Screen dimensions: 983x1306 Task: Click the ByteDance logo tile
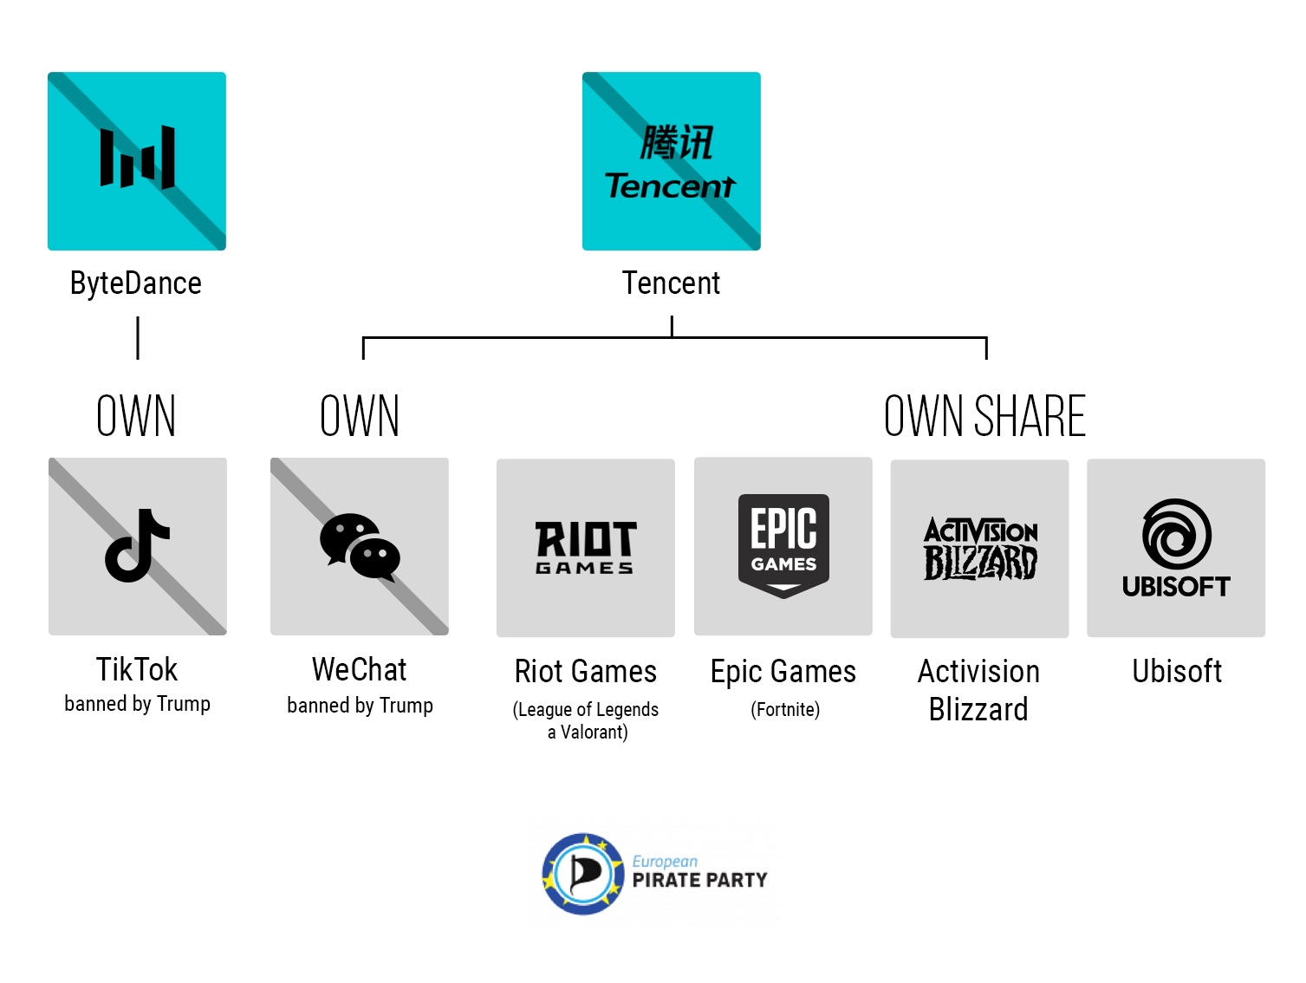[137, 161]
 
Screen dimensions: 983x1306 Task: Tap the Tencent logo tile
[672, 161]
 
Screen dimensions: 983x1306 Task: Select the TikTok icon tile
[138, 546]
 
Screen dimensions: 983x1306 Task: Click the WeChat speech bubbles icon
[360, 547]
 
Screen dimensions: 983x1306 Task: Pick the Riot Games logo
[586, 548]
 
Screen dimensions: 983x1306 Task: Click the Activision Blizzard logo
[980, 549]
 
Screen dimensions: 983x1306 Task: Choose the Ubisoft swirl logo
[1176, 535]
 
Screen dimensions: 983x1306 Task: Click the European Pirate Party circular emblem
[583, 874]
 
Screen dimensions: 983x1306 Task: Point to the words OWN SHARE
[984, 416]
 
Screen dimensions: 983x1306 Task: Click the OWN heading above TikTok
[136, 416]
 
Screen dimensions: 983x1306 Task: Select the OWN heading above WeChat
[360, 416]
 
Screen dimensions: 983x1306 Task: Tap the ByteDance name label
[136, 283]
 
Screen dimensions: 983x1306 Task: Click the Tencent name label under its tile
[672, 283]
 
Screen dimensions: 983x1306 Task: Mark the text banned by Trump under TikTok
[137, 704]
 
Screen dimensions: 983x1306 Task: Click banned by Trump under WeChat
[360, 706]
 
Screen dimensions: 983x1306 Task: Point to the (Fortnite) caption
[785, 710]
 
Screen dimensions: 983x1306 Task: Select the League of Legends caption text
[587, 710]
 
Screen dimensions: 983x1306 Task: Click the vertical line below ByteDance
[138, 338]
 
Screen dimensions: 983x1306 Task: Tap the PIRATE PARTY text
[699, 881]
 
